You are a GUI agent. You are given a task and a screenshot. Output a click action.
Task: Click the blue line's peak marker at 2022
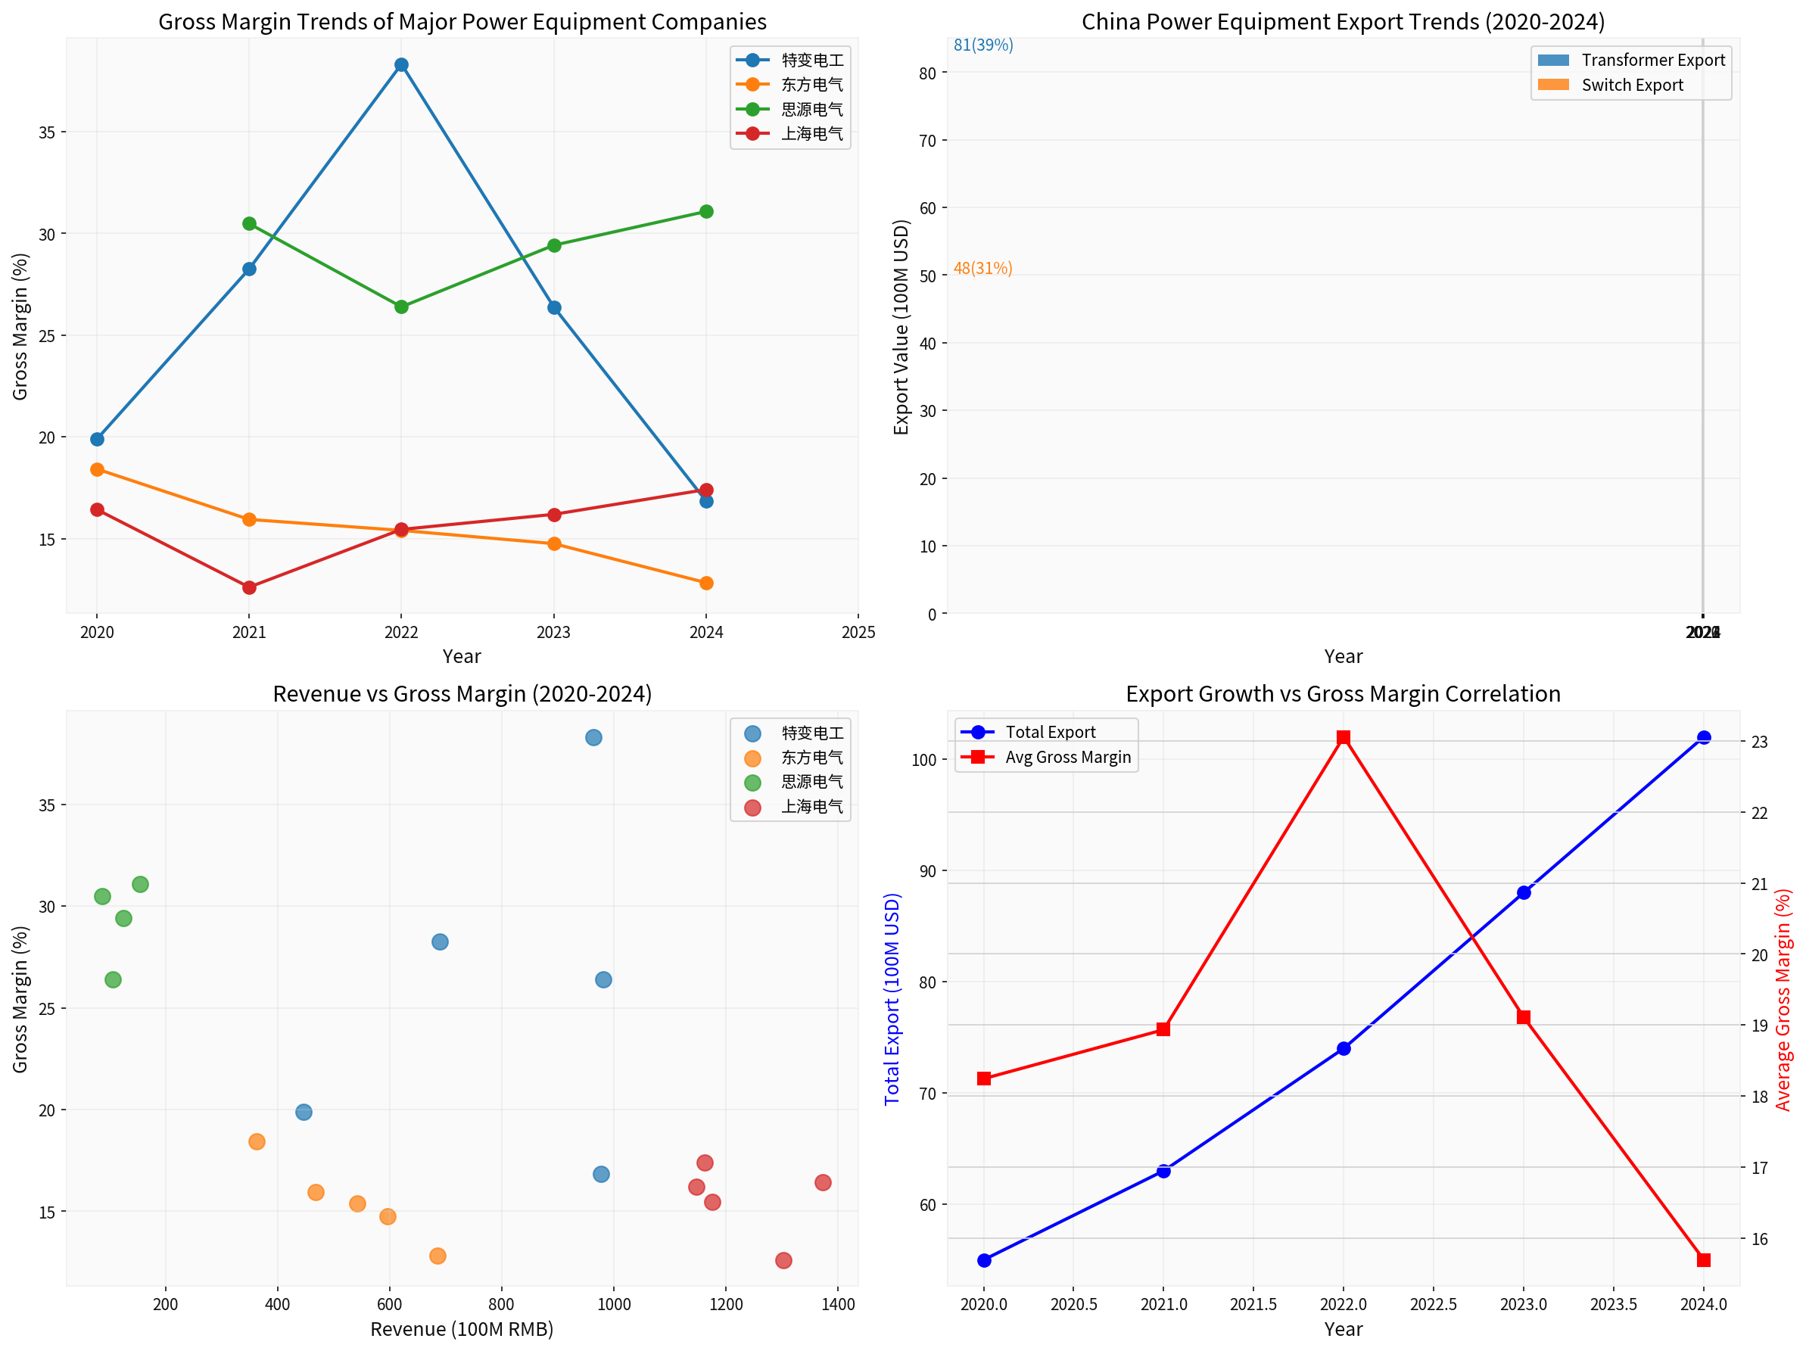coord(401,65)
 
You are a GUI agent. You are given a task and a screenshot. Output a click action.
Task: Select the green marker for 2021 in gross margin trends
coord(249,224)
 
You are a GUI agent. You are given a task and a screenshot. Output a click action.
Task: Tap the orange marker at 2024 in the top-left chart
coord(706,583)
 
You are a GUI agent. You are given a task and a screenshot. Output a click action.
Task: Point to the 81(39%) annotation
coord(983,45)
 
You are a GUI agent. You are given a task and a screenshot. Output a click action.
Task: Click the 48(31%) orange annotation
coord(983,269)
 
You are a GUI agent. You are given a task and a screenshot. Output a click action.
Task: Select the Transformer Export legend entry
coord(1652,61)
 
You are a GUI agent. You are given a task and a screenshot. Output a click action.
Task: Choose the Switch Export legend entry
coord(1631,86)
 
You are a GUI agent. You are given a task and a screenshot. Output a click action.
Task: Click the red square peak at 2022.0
coord(1343,738)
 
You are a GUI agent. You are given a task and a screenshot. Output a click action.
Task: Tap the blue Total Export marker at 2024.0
coord(1703,738)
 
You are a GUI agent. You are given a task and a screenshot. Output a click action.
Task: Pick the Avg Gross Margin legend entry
coord(1067,758)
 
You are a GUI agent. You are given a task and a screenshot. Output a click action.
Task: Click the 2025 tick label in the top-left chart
coord(858,633)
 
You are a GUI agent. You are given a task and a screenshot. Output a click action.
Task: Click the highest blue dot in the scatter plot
coord(593,738)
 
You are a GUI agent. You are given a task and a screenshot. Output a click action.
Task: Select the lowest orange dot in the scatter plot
coord(437,1256)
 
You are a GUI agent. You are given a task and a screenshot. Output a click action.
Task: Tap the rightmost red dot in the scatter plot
coord(823,1183)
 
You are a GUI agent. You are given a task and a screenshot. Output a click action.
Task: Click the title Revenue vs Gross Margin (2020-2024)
coord(462,694)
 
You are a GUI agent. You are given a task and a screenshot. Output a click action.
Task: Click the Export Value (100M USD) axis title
coord(901,326)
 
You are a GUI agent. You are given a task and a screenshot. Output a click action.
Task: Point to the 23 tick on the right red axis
coord(1758,742)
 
